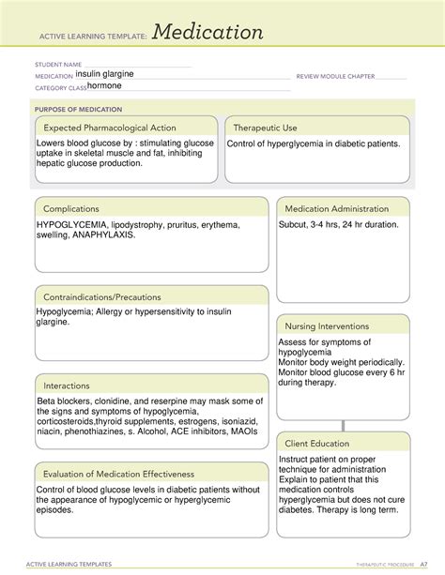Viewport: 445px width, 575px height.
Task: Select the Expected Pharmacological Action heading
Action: (110, 128)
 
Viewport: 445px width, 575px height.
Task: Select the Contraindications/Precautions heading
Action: (112, 296)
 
